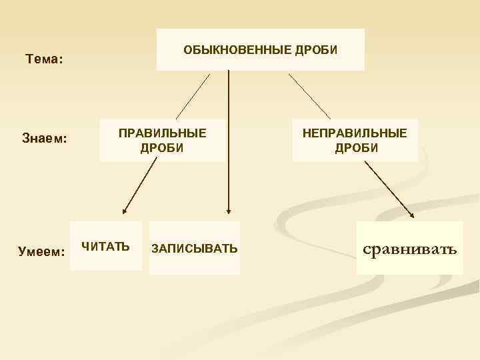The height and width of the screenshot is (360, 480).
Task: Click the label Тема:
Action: click(44, 59)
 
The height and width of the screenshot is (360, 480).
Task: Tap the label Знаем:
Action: click(45, 139)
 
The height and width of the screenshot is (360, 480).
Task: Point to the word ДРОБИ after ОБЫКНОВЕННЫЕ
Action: click(315, 50)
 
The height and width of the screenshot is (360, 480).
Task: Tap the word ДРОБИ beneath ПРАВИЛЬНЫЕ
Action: click(162, 147)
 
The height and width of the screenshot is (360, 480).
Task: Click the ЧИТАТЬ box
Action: click(106, 246)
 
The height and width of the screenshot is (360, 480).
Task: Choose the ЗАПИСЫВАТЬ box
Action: click(194, 249)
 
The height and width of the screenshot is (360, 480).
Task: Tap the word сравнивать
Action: click(409, 250)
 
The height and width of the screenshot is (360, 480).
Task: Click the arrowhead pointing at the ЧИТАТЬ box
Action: click(125, 211)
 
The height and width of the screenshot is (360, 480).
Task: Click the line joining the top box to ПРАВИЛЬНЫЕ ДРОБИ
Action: click(192, 95)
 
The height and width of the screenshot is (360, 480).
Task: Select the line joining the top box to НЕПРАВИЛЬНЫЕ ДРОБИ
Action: click(309, 95)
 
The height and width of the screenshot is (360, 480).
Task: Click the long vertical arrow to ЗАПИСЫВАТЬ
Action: click(229, 140)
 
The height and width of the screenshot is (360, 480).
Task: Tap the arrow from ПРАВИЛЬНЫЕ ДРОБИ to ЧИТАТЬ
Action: click(140, 187)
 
